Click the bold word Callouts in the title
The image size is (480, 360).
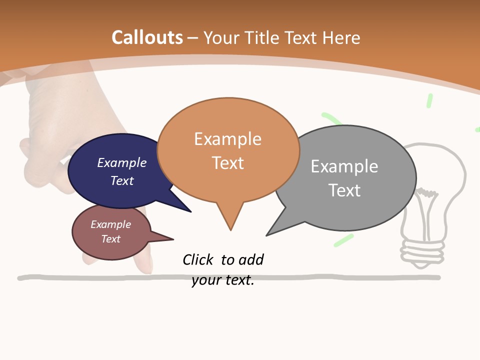pyautogui.click(x=147, y=37)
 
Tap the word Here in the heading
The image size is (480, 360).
pyautogui.click(x=342, y=37)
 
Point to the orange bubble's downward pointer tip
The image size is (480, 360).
pyautogui.click(x=230, y=229)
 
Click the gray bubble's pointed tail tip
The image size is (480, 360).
pyautogui.click(x=267, y=235)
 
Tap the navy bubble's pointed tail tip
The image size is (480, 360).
pyautogui.click(x=190, y=211)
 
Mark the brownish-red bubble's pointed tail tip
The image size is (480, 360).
pyautogui.click(x=173, y=238)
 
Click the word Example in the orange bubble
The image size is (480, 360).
pyautogui.click(x=227, y=138)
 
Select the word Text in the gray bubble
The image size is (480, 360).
pyautogui.click(x=344, y=190)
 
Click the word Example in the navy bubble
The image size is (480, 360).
pyautogui.click(x=121, y=162)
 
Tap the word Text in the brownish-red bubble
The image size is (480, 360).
pyautogui.click(x=111, y=239)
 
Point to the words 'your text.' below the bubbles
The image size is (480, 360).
pyautogui.click(x=223, y=280)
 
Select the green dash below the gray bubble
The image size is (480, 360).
pyautogui.click(x=343, y=240)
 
